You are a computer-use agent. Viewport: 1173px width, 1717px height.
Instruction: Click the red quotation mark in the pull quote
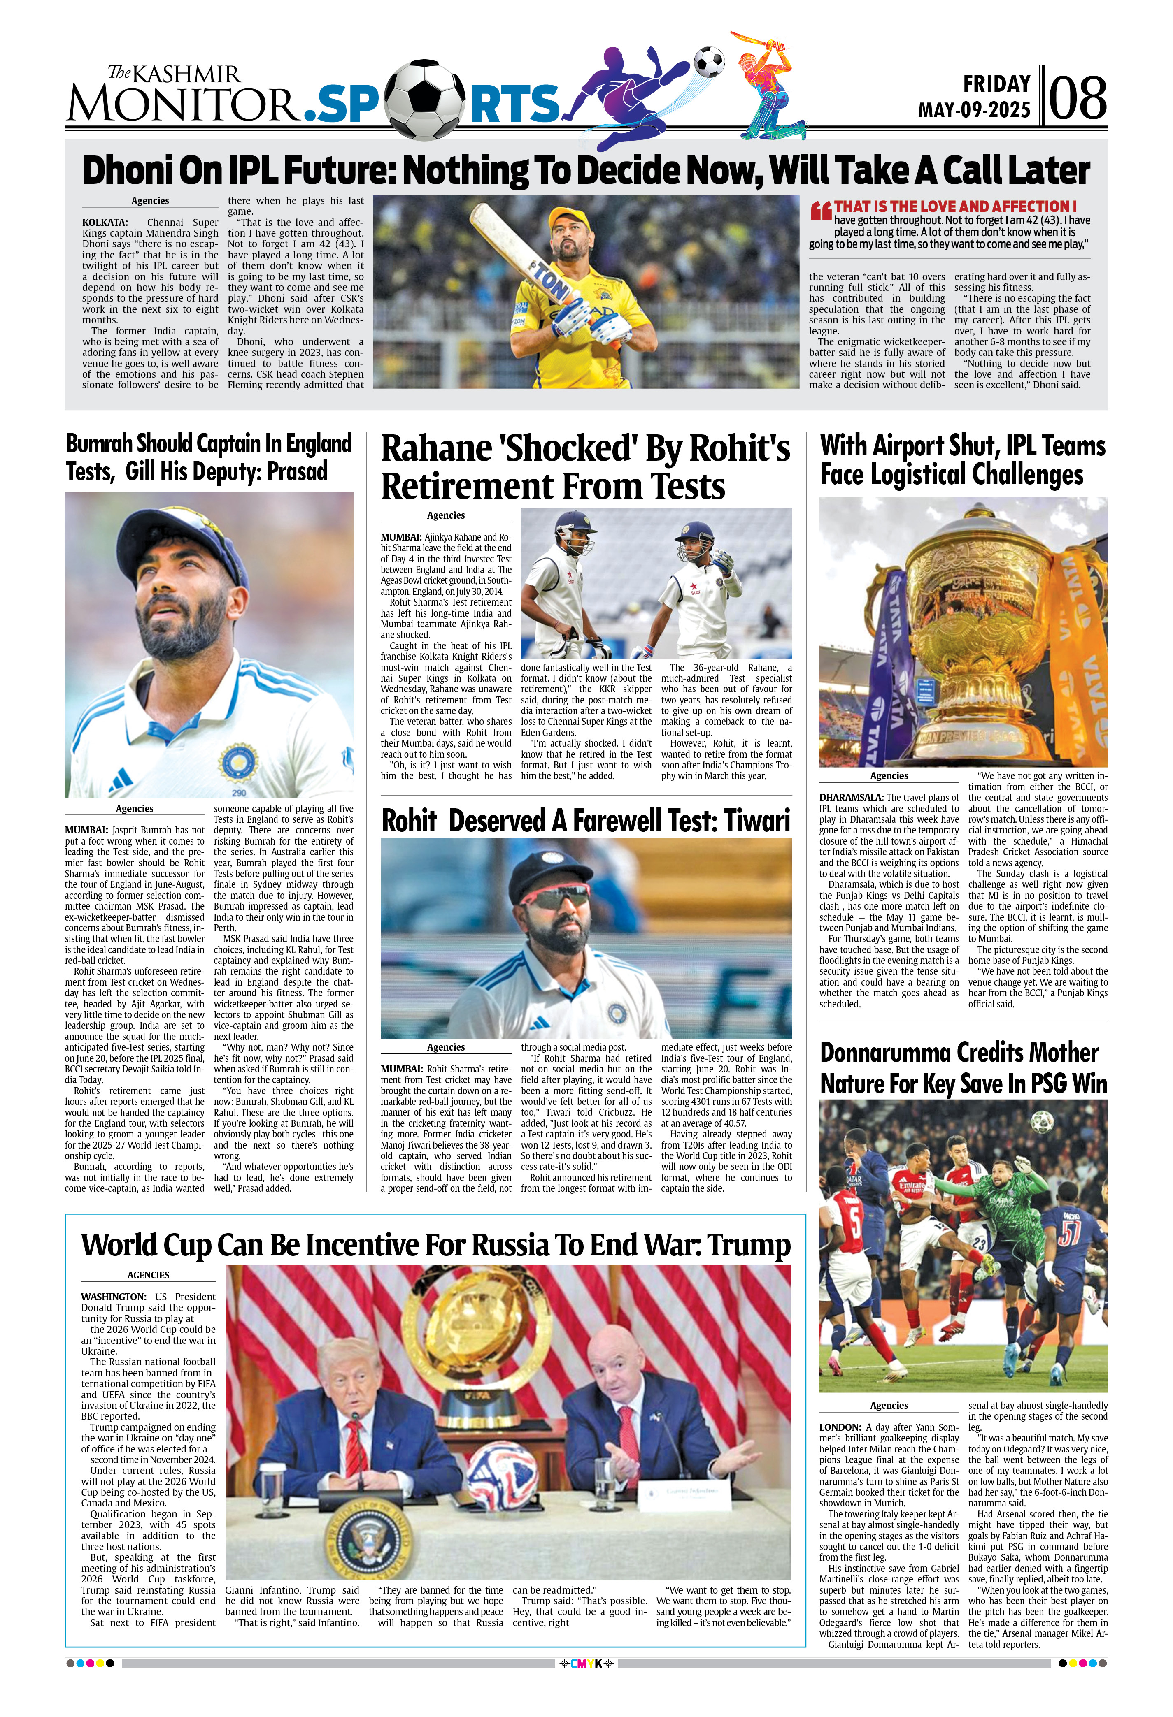(820, 211)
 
